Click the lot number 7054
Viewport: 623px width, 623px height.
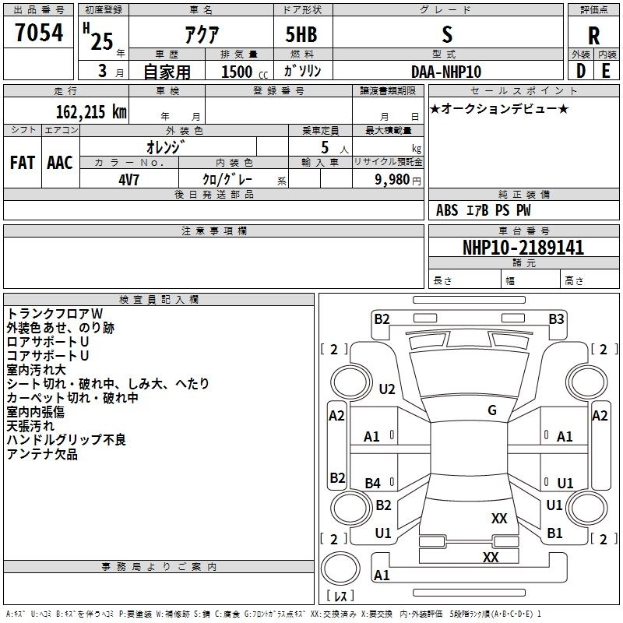point(39,33)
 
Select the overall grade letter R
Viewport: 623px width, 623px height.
point(593,36)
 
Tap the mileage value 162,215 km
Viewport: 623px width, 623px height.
point(91,112)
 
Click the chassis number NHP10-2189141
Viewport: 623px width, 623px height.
point(523,248)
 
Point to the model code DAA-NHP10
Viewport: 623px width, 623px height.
point(446,72)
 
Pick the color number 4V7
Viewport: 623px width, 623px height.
point(128,180)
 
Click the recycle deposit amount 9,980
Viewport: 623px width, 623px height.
point(392,180)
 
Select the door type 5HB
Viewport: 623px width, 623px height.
point(301,34)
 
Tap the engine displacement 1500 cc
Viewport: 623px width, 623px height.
point(245,72)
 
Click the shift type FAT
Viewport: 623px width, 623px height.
point(23,163)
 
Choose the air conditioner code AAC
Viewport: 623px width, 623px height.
point(60,163)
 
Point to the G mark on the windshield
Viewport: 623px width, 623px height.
point(492,410)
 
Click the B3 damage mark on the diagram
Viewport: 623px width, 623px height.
point(556,319)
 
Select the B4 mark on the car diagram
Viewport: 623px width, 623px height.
point(372,483)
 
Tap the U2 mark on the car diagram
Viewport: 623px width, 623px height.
point(387,389)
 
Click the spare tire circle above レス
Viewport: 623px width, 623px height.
point(340,568)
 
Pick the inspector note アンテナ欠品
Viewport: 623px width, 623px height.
point(42,454)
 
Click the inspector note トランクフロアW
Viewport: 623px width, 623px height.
point(55,314)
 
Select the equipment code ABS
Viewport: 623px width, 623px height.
point(447,210)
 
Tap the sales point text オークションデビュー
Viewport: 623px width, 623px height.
point(499,108)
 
